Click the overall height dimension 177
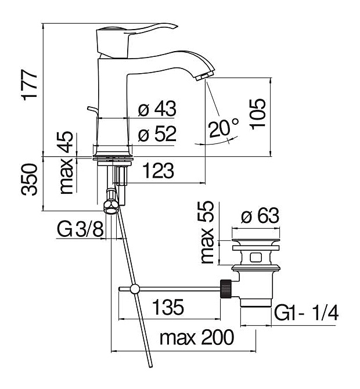click(x=30, y=85)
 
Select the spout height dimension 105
click(x=258, y=114)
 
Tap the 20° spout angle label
click(x=224, y=128)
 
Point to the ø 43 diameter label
click(x=157, y=109)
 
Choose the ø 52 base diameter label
click(x=157, y=134)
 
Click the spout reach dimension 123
click(x=159, y=171)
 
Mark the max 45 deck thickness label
click(x=67, y=163)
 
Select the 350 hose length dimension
click(x=29, y=179)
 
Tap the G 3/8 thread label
click(x=80, y=229)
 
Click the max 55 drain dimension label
click(x=207, y=232)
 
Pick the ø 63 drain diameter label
click(x=260, y=215)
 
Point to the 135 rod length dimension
click(x=168, y=307)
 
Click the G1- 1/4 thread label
click(x=307, y=313)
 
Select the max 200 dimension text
click(x=197, y=337)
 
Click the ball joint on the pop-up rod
click(x=135, y=289)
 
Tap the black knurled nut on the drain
click(x=226, y=289)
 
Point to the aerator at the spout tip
click(x=204, y=75)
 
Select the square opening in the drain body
click(x=256, y=257)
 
